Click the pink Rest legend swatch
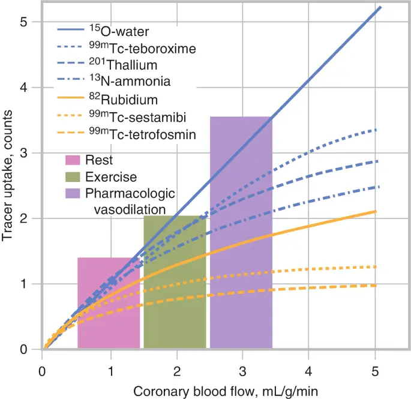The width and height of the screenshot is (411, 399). [73, 160]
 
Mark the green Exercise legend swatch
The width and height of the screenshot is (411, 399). [73, 177]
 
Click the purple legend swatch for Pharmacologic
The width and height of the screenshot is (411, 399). [73, 193]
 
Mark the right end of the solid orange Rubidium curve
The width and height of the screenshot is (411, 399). [376, 211]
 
